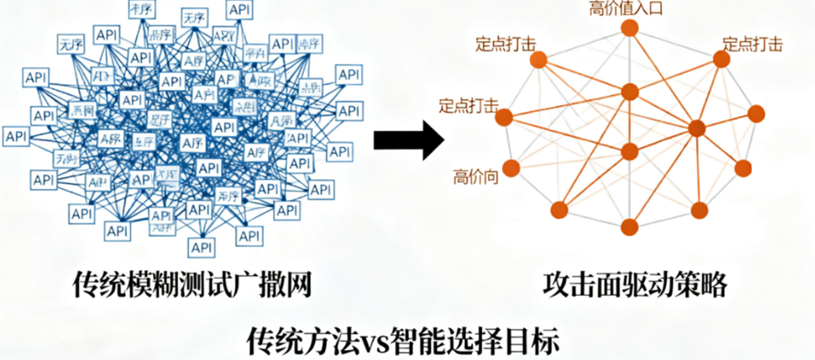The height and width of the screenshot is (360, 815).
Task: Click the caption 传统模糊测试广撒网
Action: pyautogui.click(x=194, y=285)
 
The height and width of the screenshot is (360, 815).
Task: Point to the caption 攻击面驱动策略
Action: pyautogui.click(x=635, y=285)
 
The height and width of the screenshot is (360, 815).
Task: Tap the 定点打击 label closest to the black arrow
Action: pyautogui.click(x=469, y=105)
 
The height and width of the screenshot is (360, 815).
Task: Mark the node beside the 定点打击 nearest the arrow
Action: pyautogui.click(x=504, y=118)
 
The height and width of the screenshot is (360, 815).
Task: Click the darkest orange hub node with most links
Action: pyautogui.click(x=697, y=128)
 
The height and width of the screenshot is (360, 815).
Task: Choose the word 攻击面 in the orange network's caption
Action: pyautogui.click(x=582, y=285)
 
